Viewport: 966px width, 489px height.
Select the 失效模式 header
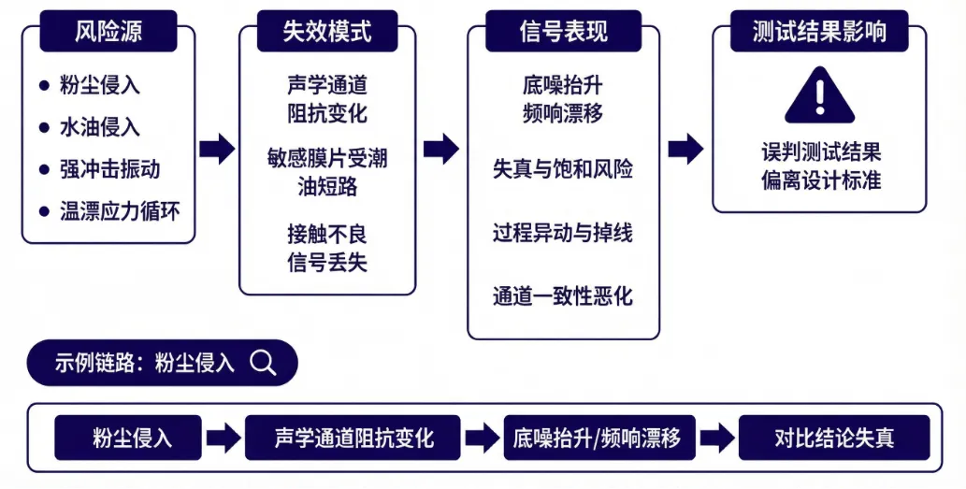(x=327, y=32)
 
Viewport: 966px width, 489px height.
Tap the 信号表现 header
(x=563, y=32)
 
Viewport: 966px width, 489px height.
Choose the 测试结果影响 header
(x=819, y=32)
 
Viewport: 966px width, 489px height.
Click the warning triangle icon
(x=819, y=96)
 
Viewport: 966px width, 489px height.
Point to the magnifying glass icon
(x=264, y=363)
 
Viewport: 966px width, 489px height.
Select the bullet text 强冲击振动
(x=110, y=169)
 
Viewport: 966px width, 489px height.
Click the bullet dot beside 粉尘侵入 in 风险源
(x=44, y=85)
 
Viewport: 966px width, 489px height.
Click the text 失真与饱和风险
(x=563, y=169)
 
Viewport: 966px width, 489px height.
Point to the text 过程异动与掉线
(x=563, y=233)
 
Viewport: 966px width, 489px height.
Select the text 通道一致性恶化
(x=563, y=296)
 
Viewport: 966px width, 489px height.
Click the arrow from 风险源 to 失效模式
(x=217, y=148)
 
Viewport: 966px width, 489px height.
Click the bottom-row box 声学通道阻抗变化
(x=353, y=438)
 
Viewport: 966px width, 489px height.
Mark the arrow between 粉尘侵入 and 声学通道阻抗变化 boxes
(x=223, y=438)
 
